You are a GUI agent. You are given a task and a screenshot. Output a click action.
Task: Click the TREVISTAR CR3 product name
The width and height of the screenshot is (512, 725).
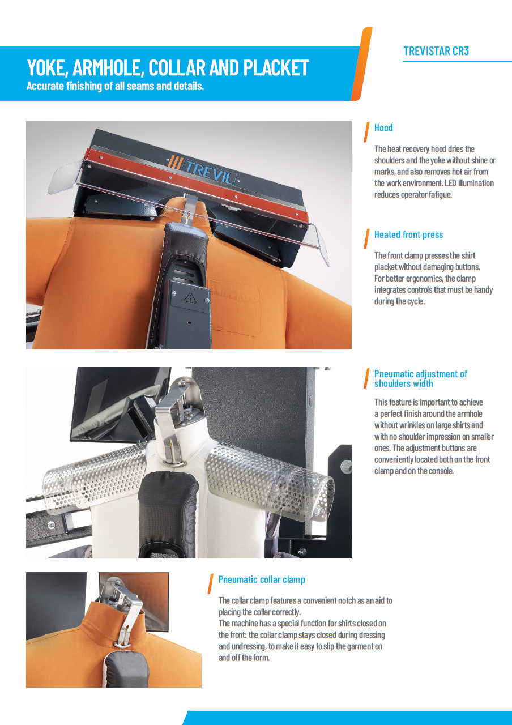point(436,51)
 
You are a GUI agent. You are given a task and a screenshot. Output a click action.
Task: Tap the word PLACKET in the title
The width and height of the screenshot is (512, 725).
point(276,68)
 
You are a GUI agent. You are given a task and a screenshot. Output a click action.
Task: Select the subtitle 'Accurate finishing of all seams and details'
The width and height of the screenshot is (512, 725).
point(115,87)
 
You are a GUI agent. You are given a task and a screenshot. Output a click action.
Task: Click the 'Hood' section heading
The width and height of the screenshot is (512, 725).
point(383,128)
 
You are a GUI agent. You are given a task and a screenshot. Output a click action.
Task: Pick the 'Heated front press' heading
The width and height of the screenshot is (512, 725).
point(408,234)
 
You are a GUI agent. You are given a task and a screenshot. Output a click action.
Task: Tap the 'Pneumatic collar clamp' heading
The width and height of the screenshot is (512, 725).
point(262,579)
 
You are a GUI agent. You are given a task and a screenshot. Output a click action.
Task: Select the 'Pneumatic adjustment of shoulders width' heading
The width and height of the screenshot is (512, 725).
point(420,378)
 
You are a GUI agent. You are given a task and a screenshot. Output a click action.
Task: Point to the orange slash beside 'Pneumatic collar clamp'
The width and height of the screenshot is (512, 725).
point(210,583)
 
